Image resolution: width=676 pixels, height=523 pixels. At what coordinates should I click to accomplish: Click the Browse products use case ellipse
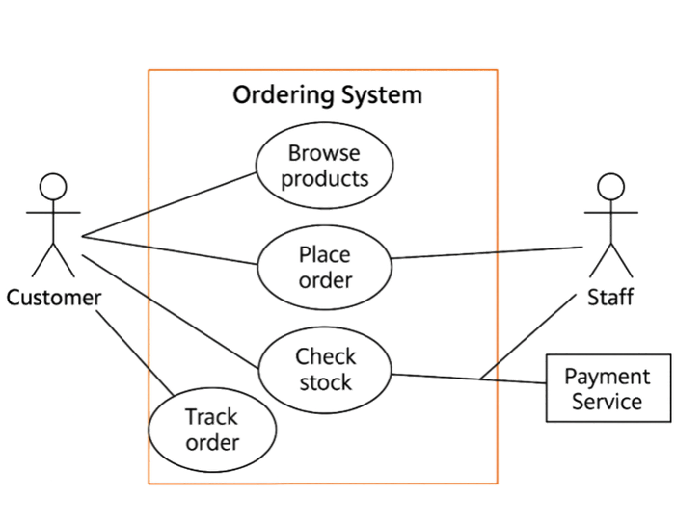pyautogui.click(x=324, y=167)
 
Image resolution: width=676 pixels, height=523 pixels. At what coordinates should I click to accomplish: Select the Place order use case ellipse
pyautogui.click(x=324, y=267)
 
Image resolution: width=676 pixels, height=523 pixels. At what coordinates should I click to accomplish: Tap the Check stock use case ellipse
pyautogui.click(x=324, y=369)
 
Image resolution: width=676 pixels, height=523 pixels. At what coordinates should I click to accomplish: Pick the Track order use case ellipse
pyautogui.click(x=211, y=430)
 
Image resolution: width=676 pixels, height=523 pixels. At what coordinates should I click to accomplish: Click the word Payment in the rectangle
pyautogui.click(x=608, y=377)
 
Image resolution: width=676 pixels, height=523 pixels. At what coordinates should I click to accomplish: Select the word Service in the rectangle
pyautogui.click(x=608, y=401)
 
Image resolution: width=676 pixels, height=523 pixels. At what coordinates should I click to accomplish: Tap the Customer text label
pyautogui.click(x=54, y=298)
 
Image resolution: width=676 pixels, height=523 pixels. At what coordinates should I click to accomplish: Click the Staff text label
pyautogui.click(x=610, y=297)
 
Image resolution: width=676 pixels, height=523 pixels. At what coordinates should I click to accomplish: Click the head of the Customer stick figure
pyautogui.click(x=54, y=186)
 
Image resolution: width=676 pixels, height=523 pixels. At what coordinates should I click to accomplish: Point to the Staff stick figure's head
pyautogui.click(x=610, y=186)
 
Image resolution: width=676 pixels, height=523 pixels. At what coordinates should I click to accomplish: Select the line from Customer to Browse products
pyautogui.click(x=169, y=205)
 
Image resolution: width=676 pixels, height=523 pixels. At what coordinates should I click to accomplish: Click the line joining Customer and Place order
pyautogui.click(x=169, y=250)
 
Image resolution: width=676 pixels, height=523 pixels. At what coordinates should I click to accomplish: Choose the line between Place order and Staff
pyautogui.click(x=487, y=252)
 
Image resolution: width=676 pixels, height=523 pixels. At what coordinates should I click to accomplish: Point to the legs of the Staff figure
pyautogui.click(x=610, y=262)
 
